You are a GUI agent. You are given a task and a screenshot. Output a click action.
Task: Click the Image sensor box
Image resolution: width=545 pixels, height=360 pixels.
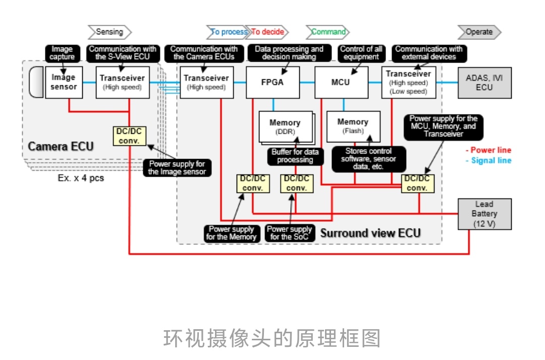point(64,82)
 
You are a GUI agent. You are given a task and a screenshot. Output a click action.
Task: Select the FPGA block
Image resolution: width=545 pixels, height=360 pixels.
point(272,82)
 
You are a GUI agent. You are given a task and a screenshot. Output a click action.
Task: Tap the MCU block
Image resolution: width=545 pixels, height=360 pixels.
point(341,82)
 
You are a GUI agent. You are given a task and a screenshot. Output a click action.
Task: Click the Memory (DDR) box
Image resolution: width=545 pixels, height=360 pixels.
point(285,127)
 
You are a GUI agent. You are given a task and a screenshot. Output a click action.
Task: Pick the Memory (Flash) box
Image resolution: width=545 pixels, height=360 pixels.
point(353,126)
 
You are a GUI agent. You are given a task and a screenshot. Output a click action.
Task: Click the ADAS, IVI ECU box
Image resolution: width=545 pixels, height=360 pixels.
point(484,82)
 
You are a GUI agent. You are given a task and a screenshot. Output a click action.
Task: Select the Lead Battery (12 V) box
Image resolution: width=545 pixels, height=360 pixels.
point(484,214)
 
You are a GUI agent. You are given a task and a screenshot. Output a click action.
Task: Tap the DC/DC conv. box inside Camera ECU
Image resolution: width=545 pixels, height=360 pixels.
point(129,135)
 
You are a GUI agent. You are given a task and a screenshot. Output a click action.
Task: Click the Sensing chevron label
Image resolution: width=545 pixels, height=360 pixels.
point(110,32)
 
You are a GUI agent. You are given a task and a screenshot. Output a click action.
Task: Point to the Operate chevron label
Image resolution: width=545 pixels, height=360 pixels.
point(479,32)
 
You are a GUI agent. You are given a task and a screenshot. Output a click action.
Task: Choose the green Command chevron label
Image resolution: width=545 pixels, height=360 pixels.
point(328,32)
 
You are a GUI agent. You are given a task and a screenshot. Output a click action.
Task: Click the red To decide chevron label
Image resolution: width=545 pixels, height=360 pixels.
point(267,32)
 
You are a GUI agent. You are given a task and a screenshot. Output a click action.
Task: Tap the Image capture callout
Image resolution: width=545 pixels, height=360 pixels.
point(62,53)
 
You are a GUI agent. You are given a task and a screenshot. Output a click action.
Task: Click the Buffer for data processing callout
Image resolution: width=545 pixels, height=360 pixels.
point(295,156)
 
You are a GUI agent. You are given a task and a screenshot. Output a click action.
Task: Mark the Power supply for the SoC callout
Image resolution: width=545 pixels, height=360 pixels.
point(290,233)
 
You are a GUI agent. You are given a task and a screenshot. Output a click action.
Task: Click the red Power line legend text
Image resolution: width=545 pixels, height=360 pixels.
point(488,150)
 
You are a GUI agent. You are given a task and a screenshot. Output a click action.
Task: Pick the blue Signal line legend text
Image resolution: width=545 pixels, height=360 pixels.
point(488,161)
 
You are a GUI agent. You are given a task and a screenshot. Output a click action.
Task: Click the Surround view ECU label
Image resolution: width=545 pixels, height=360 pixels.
point(370,233)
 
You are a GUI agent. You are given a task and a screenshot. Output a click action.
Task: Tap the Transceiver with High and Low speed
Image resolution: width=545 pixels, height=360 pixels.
point(408,82)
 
